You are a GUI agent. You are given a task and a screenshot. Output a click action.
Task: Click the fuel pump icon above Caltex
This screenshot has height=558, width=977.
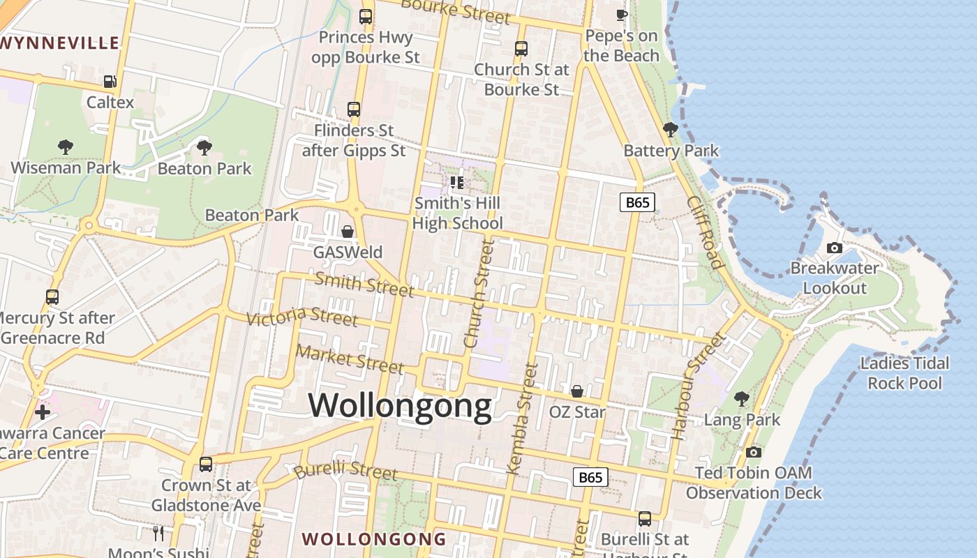(110, 82)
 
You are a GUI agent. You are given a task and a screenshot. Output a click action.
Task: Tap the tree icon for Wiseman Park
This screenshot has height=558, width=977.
(66, 147)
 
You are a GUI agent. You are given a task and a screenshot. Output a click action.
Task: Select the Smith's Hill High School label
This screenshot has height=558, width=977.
(457, 213)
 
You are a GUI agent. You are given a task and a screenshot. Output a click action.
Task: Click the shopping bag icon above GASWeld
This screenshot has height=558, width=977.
(348, 232)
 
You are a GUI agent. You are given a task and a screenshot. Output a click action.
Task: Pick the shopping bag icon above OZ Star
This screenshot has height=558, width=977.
(577, 391)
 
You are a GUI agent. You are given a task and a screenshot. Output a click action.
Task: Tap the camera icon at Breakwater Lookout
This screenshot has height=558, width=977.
(834, 248)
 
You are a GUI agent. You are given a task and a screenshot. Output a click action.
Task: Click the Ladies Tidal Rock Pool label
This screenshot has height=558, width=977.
(904, 373)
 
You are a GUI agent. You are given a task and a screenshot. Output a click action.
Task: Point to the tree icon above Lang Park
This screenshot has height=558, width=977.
(742, 399)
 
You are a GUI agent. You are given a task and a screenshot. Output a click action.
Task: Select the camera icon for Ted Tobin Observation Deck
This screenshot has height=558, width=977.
(753, 453)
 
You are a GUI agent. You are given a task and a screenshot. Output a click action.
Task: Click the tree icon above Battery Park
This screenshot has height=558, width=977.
(671, 130)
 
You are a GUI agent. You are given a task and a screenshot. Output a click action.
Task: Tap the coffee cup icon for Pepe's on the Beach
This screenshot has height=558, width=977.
(621, 15)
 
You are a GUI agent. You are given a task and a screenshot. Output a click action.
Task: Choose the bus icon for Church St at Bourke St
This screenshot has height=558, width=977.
(521, 49)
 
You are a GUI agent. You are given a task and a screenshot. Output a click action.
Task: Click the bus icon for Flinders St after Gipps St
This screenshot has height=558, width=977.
(354, 110)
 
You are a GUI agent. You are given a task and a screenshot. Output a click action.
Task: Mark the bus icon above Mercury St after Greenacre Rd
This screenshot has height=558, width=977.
(52, 297)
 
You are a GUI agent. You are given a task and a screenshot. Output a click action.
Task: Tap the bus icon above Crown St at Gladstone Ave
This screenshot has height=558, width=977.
(205, 464)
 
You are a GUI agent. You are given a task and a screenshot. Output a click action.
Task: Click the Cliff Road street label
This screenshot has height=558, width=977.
(705, 232)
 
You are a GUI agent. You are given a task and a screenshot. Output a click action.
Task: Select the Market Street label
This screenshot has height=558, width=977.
(350, 357)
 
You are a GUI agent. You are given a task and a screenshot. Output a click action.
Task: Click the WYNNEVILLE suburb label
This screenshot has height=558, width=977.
(60, 43)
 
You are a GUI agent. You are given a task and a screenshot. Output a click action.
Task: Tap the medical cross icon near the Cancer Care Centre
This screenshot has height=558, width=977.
(43, 412)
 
